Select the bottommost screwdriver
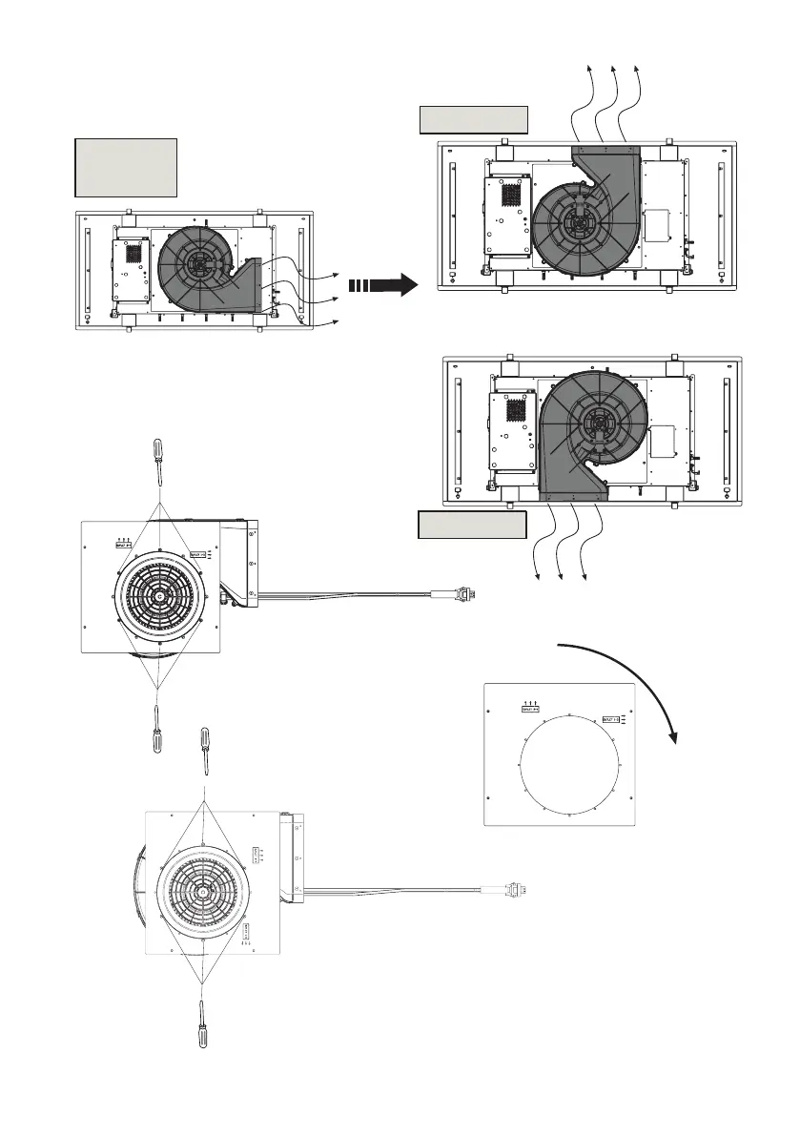point(202,1025)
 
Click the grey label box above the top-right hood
point(473,121)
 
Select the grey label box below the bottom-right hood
point(471,526)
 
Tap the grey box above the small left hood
point(126,168)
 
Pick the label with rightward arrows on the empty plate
point(611,720)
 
